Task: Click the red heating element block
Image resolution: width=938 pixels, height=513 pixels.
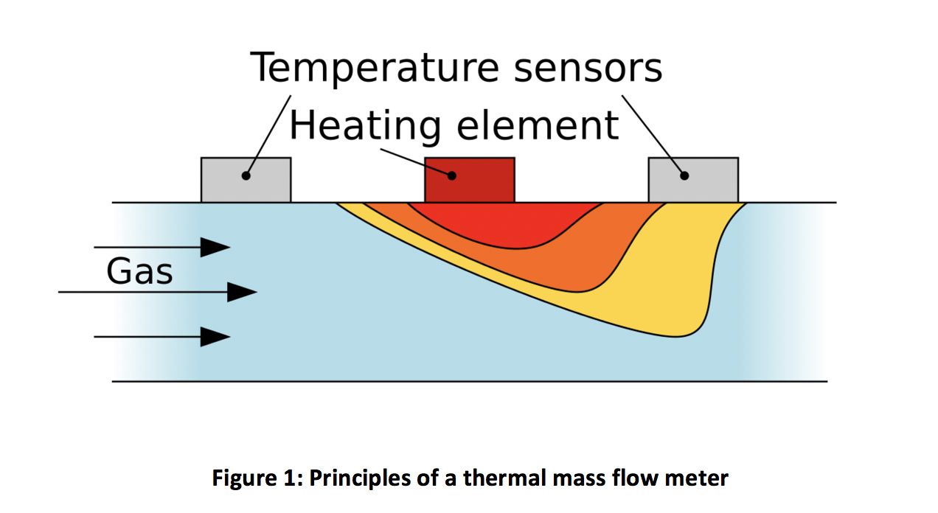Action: [x=470, y=180]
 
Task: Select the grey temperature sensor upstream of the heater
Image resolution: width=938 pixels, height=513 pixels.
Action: [x=246, y=180]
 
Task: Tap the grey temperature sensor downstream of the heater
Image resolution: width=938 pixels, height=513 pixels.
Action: [x=693, y=180]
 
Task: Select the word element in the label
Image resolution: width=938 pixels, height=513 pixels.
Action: [x=538, y=125]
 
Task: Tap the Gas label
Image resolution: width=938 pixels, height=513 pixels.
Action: [x=139, y=271]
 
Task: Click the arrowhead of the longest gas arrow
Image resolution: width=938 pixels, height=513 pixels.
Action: [x=242, y=293]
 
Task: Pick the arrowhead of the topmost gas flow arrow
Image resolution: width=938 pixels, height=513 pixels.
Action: [x=216, y=248]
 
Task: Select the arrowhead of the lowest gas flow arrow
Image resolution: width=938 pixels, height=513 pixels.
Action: [x=216, y=337]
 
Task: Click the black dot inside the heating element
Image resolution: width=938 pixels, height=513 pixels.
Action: [x=453, y=175]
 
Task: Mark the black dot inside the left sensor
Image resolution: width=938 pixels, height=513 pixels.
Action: [x=246, y=175]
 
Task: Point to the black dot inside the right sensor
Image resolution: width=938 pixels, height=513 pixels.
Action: [x=684, y=175]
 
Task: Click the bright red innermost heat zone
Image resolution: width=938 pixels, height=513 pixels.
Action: [x=509, y=225]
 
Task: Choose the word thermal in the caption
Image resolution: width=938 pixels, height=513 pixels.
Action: [x=501, y=478]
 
